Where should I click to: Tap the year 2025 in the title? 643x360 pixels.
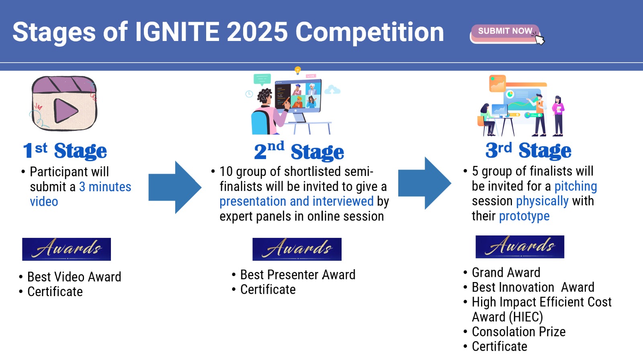257,32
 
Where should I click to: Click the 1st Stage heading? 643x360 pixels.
65,150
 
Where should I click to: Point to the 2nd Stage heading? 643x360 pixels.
299,150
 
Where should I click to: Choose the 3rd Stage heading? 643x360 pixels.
528,150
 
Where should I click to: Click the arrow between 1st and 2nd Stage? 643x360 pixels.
175,187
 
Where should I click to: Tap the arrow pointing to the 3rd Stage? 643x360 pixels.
424,183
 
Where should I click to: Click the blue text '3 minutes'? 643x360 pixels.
105,187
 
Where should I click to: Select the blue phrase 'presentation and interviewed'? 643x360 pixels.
297,201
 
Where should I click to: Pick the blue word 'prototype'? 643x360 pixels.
524,216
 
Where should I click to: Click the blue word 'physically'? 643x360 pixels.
542,201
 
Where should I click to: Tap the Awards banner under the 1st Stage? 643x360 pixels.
67,249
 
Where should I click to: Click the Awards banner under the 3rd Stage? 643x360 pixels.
520,247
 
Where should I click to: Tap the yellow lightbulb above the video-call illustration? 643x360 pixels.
298,70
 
